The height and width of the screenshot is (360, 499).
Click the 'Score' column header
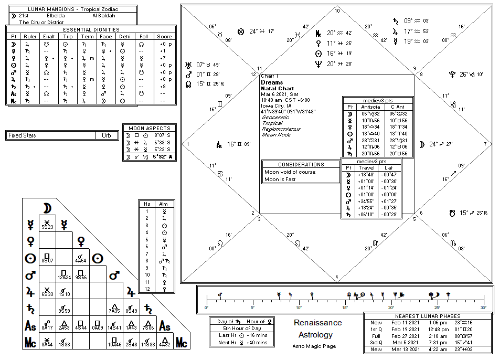(164, 37)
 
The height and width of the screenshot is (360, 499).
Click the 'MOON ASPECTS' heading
(149, 128)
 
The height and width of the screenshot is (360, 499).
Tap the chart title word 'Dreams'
(272, 82)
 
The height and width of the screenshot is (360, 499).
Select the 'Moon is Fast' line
(280, 179)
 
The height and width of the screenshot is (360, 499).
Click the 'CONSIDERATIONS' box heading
(301, 165)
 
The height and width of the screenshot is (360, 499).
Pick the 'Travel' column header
(366, 168)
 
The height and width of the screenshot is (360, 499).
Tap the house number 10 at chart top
(337, 10)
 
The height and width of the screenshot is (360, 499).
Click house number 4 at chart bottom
(337, 277)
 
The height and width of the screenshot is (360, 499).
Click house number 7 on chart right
(486, 144)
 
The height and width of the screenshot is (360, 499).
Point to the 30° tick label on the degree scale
(483, 308)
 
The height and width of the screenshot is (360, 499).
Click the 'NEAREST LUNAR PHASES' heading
(428, 316)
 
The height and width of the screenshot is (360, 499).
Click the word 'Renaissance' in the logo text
(317, 323)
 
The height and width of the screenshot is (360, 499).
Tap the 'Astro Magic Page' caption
(314, 346)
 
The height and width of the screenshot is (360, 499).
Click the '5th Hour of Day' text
(238, 328)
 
